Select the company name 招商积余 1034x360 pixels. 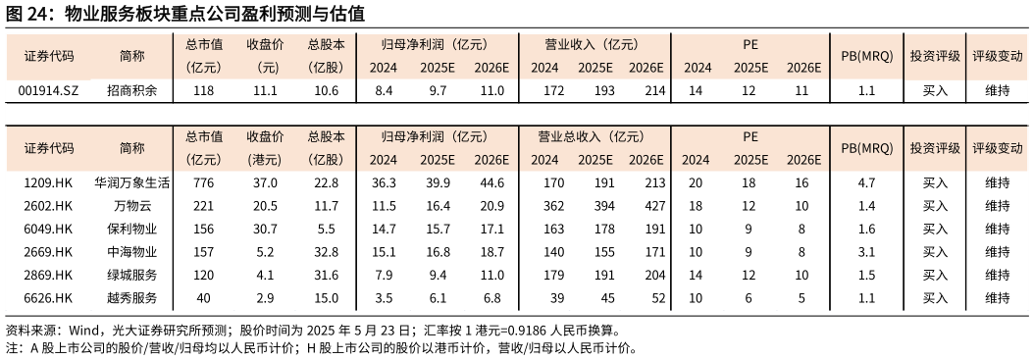[x=132, y=91]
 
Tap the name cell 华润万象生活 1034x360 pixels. [x=132, y=182]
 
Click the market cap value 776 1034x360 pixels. [x=204, y=182]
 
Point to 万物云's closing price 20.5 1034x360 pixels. [x=265, y=206]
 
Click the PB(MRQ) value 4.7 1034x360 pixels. [x=866, y=182]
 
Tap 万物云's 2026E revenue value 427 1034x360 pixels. [x=645, y=206]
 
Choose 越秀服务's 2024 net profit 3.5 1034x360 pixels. [x=385, y=297]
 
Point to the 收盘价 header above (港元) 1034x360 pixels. [x=265, y=136]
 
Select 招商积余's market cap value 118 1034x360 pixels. [x=204, y=91]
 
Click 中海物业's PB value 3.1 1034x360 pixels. [x=866, y=251]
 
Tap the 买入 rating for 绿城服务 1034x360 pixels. [x=935, y=275]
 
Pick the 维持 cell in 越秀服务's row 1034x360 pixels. [x=997, y=297]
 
